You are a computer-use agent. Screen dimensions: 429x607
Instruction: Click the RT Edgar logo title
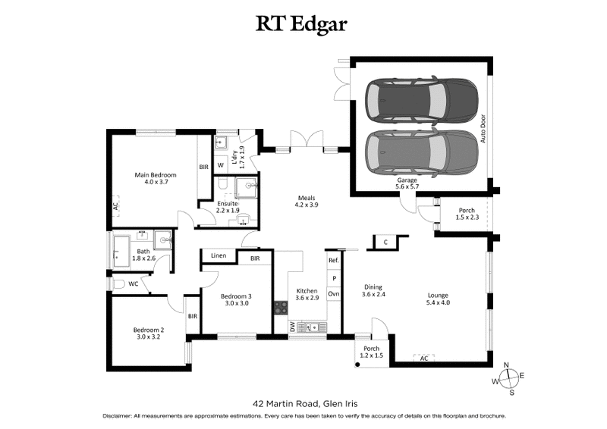303,24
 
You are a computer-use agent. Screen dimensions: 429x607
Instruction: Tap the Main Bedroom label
156,179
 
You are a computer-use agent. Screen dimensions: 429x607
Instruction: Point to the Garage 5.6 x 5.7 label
407,183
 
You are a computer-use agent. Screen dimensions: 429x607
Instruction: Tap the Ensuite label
227,207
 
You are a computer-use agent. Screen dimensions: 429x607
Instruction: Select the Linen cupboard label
219,257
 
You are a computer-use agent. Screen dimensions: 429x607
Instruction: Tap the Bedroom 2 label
149,333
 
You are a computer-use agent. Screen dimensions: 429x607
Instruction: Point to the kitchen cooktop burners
279,308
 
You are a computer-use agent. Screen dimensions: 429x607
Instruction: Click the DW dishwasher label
293,326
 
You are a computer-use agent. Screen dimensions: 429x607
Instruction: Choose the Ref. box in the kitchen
333,260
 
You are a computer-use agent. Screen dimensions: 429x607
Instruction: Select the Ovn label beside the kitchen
333,293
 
